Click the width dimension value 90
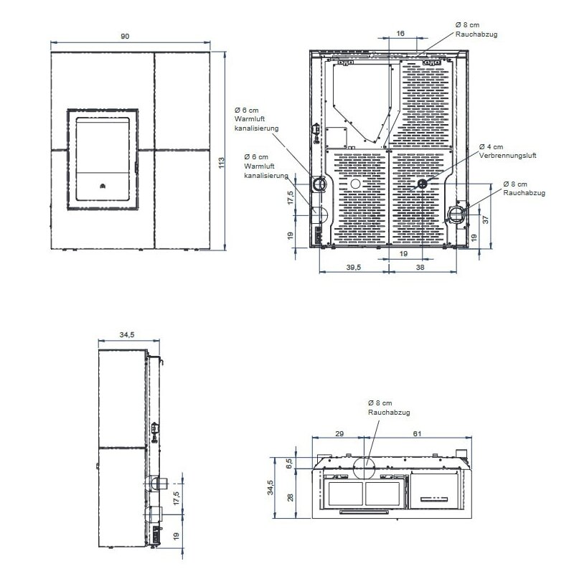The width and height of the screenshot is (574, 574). pos(125,37)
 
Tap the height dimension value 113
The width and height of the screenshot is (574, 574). pos(221,163)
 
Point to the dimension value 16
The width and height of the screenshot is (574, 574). pos(400,33)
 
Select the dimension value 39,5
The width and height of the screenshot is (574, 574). pos(354,267)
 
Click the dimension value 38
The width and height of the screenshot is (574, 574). pos(420,267)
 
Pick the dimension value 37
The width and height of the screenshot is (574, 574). pos(486,220)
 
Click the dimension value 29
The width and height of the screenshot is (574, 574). pos(339,434)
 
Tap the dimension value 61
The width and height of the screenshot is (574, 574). pos(418,434)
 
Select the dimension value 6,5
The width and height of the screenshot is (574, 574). pos(289,463)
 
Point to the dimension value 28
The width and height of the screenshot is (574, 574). pos(291,497)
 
